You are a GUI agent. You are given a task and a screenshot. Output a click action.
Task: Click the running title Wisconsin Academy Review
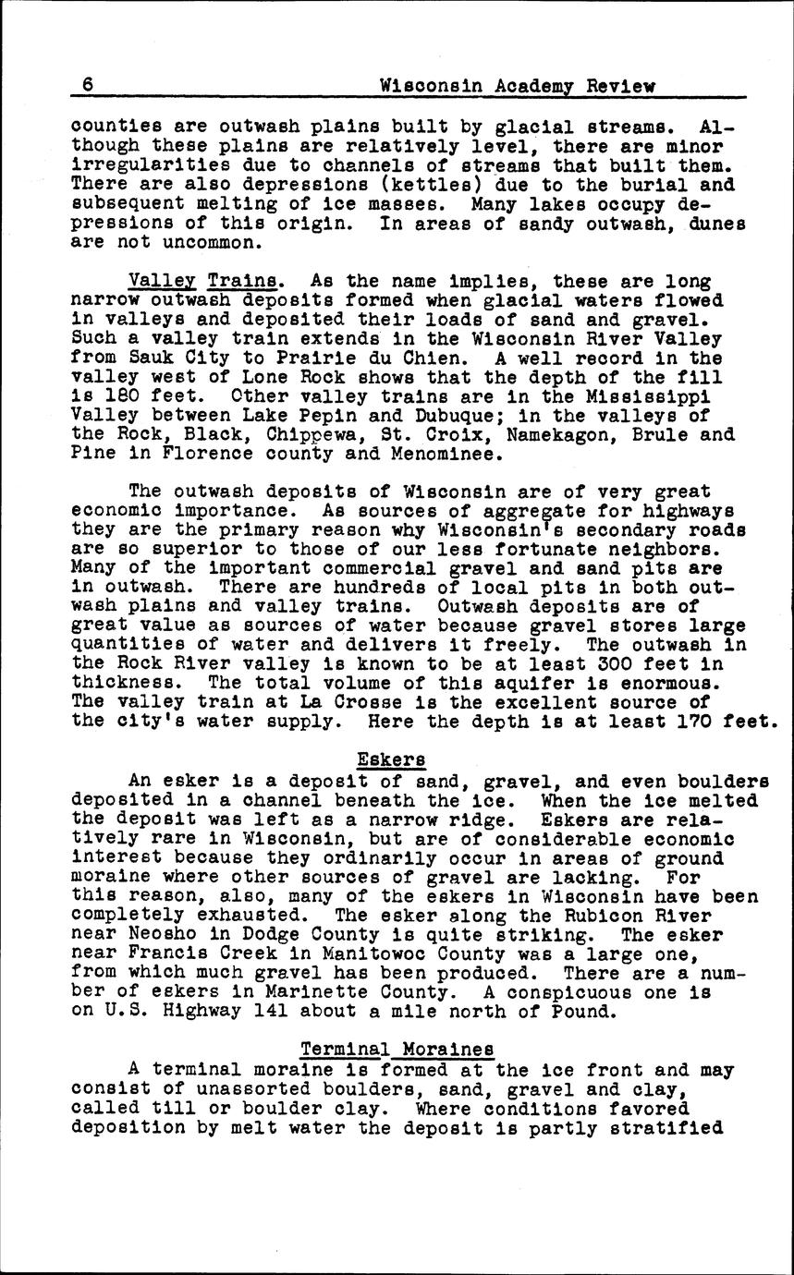click(x=518, y=86)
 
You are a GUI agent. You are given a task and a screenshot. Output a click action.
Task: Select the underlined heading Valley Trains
click(x=206, y=280)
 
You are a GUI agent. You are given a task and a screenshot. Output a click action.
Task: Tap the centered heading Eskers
click(x=391, y=760)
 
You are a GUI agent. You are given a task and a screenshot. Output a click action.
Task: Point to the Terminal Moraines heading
click(x=397, y=1050)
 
